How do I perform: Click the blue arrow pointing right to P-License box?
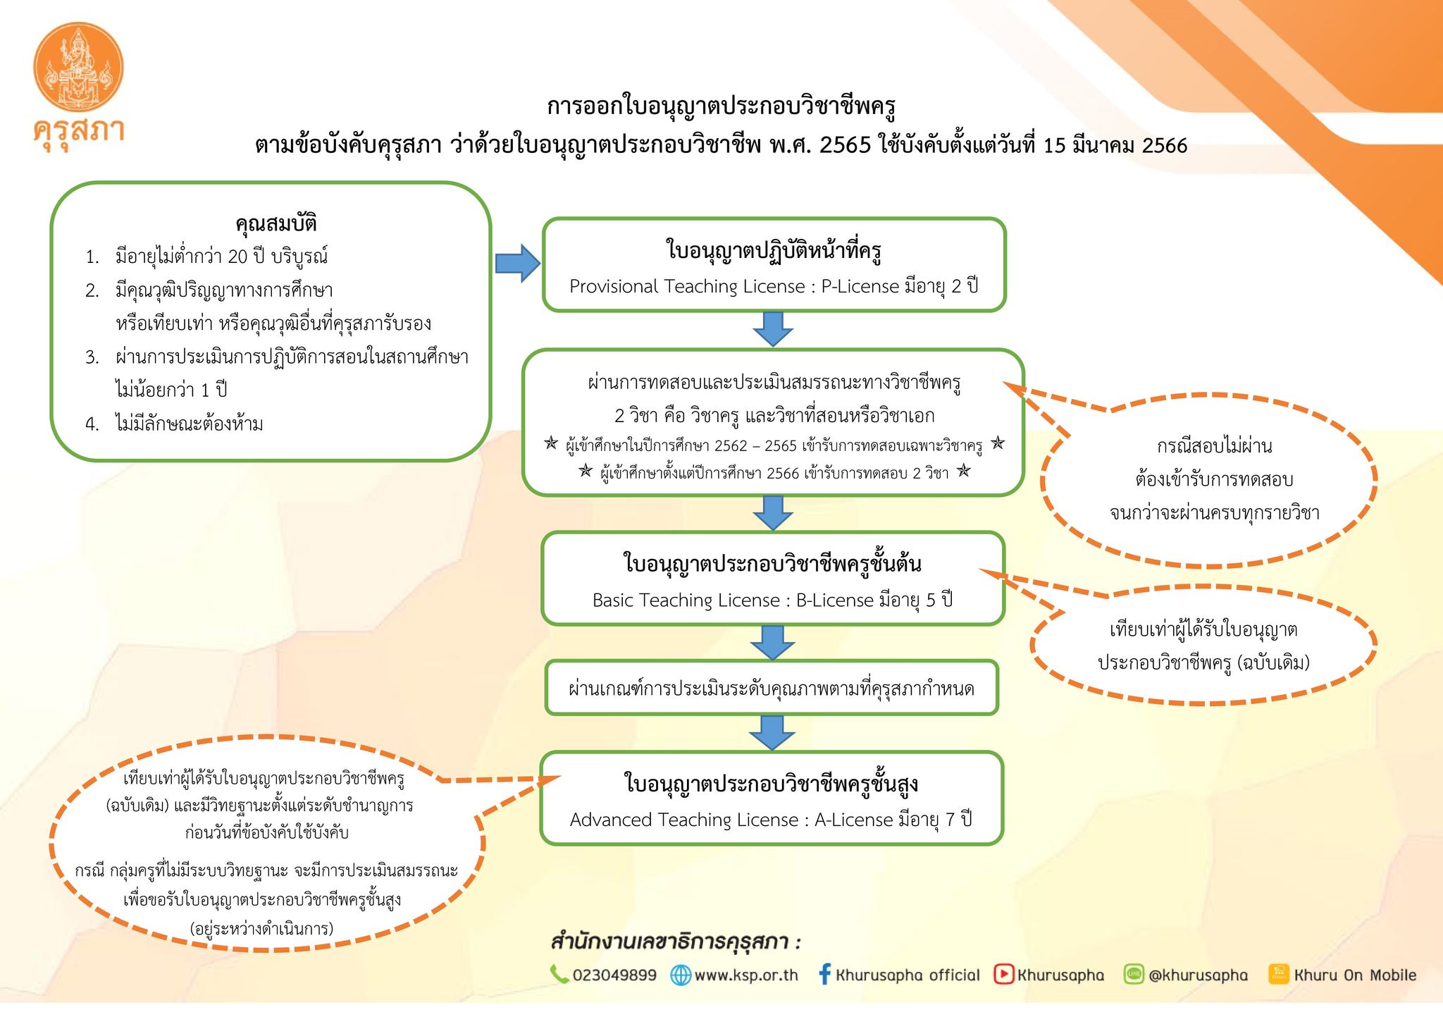click(x=517, y=264)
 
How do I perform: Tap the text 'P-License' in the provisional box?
click(x=860, y=287)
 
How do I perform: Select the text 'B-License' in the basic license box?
click(x=834, y=600)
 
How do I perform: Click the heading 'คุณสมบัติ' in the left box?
click(x=275, y=223)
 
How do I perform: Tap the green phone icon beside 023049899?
click(x=559, y=974)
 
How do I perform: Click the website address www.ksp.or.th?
click(x=745, y=975)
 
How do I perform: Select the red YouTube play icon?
click(x=1003, y=974)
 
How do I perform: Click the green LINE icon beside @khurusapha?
click(x=1134, y=974)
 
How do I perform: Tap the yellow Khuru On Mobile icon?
click(x=1278, y=974)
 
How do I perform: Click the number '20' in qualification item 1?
click(x=237, y=257)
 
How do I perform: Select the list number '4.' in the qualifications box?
click(x=92, y=424)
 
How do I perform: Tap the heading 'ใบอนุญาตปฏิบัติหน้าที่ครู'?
click(x=774, y=251)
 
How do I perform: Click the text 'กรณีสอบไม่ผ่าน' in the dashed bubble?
click(x=1214, y=446)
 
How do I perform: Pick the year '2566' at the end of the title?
click(x=1164, y=146)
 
